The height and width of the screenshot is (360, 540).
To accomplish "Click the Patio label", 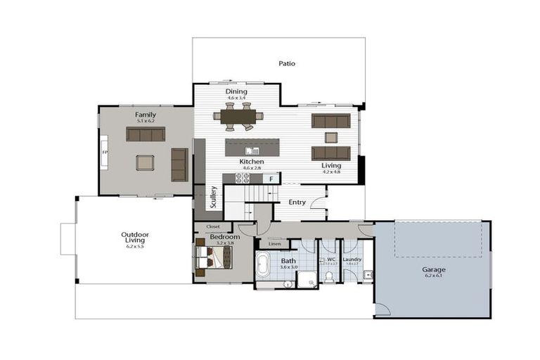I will coord(286,63).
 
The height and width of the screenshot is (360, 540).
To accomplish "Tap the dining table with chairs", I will coord(239,117).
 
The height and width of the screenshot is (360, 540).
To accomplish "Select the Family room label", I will coord(146,115).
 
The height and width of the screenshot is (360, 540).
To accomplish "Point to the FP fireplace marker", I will coord(105,152).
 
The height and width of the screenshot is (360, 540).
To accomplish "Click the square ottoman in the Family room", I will coord(145,162).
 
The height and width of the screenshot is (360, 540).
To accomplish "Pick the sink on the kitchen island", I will coord(252,150).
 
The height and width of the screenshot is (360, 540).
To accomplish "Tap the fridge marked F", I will coord(271,179).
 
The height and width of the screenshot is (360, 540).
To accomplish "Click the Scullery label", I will coord(213,198).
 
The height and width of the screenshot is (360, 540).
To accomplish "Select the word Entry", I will coord(297,202).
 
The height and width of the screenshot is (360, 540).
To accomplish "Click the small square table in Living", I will coord(330,137).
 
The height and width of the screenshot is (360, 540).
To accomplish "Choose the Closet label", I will coord(212,226).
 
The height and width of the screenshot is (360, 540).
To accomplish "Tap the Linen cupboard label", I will coord(275,244).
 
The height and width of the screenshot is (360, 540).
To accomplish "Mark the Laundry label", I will coord(352,259).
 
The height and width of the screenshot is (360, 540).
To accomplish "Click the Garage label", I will coord(433,269).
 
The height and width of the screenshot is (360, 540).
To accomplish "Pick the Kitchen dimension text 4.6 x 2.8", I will coord(252,168).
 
